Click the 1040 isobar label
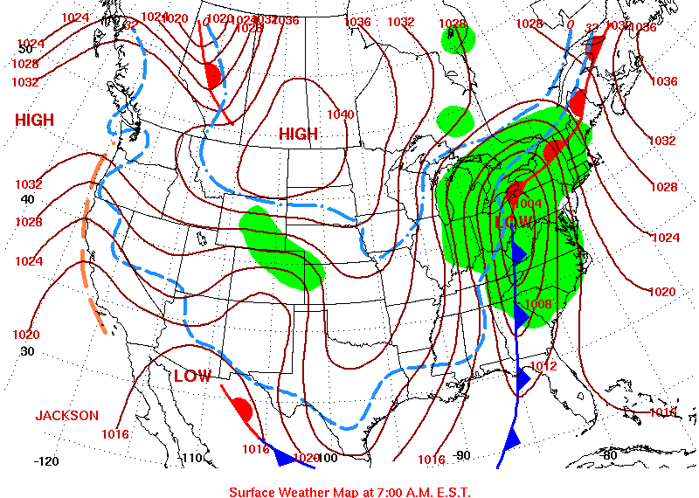341,114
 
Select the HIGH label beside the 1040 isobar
299,134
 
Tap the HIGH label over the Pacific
34,121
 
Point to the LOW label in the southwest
192,377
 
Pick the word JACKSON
67,416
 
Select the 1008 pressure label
538,304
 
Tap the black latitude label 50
25,49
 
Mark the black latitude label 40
28,199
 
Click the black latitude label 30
27,351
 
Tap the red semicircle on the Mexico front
242,410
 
